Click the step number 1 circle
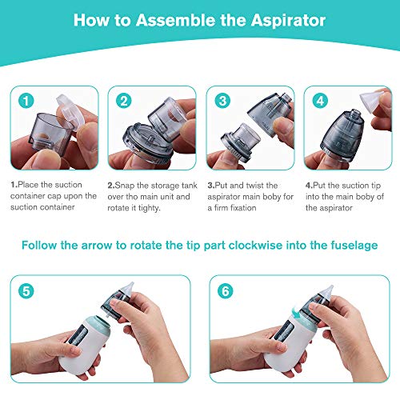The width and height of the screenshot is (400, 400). tap(26, 101)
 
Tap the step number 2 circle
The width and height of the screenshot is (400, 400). tap(124, 101)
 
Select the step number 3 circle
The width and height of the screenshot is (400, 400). tap(222, 101)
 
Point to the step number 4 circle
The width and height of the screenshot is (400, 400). tap(320, 101)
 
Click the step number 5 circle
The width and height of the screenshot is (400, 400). tap(26, 291)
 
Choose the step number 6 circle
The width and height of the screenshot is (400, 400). tap(226, 291)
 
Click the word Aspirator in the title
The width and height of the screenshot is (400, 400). tap(288, 21)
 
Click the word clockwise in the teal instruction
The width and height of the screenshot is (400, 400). tap(255, 246)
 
